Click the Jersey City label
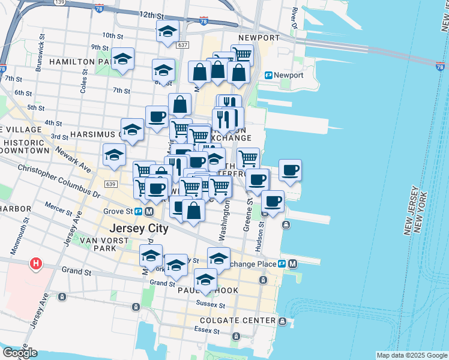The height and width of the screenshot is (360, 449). [139, 229]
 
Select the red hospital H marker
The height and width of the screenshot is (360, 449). [36, 263]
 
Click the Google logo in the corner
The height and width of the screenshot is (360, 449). [20, 353]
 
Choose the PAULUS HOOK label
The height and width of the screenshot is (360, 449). [208, 290]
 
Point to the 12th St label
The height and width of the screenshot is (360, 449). [151, 14]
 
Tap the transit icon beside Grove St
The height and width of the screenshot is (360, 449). [139, 212]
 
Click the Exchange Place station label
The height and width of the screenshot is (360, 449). [259, 264]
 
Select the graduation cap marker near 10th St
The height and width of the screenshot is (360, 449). [167, 31]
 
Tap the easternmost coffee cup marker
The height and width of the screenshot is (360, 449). [291, 170]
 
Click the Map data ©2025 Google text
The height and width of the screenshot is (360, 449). [411, 355]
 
